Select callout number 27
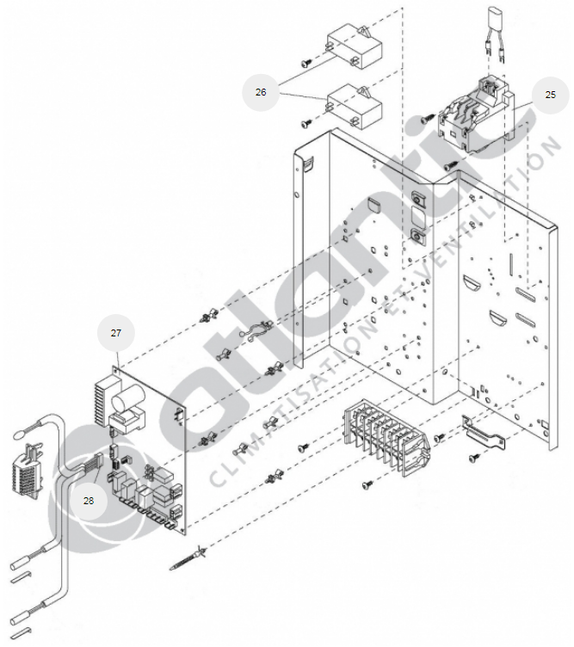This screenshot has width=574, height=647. [116, 332]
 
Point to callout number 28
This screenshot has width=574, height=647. [89, 500]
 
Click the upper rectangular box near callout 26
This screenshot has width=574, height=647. [352, 46]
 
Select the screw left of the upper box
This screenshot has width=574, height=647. [306, 62]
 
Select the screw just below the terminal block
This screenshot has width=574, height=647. [365, 485]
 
